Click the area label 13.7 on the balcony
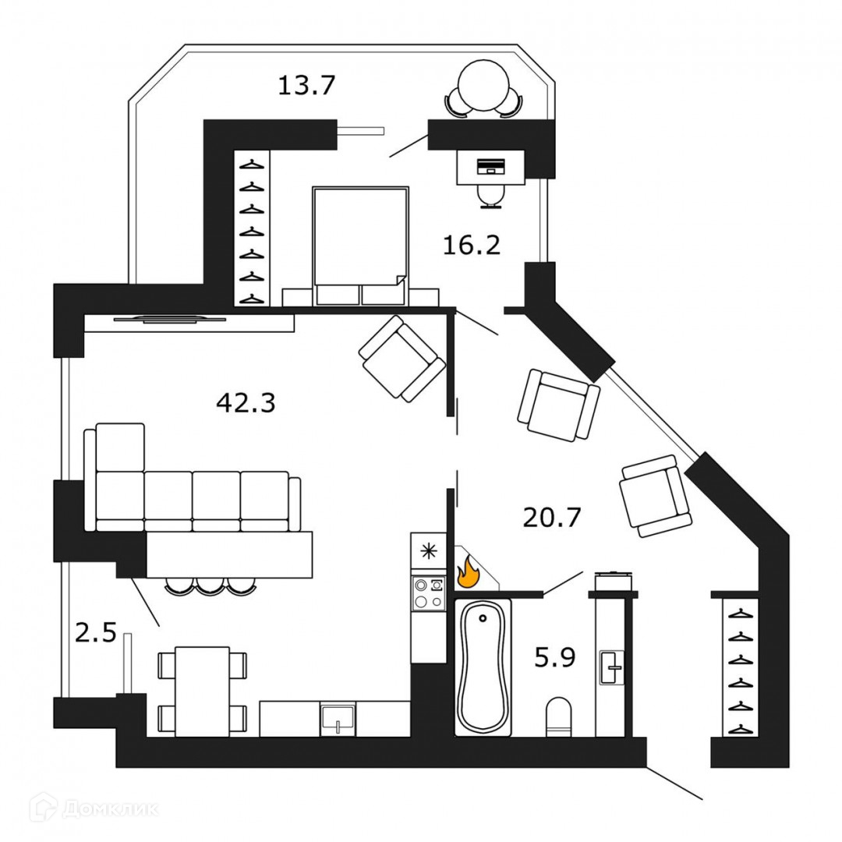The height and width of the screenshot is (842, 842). (x=306, y=83)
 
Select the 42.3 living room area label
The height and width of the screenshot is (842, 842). (x=246, y=403)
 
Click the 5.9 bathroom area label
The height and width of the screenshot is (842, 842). (x=554, y=659)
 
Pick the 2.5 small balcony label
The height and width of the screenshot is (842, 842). (x=95, y=631)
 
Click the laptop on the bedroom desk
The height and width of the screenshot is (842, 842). (x=490, y=166)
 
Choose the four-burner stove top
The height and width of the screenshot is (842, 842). (x=428, y=593)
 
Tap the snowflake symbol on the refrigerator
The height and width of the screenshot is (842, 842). (x=428, y=550)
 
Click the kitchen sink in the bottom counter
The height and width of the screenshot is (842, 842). (x=338, y=718)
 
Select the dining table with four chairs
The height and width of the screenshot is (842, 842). (x=202, y=691)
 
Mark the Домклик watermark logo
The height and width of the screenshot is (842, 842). (x=94, y=808)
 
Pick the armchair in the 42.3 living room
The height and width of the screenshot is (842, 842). (x=402, y=359)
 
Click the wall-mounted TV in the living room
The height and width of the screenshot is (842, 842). (x=169, y=317)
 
